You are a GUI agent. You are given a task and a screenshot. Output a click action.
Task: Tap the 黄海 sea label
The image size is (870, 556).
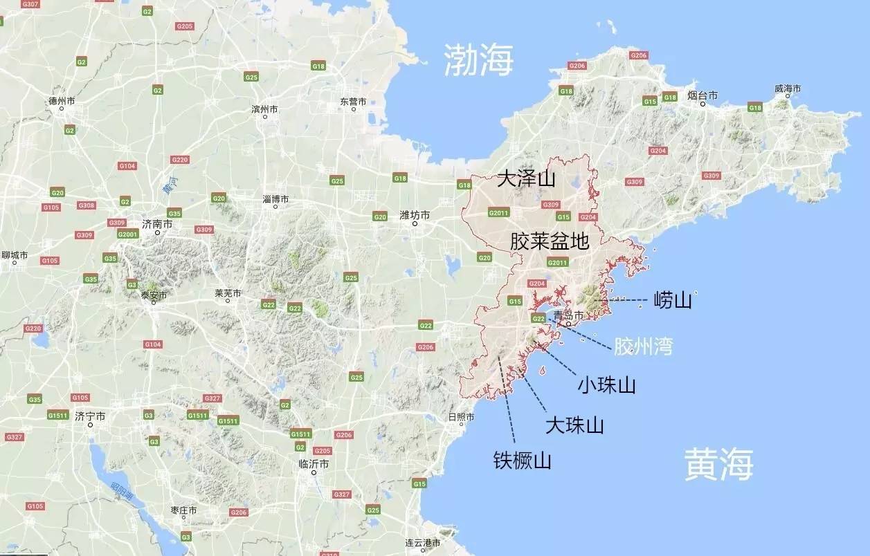718,463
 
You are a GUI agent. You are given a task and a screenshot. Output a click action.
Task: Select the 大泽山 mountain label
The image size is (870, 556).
526,180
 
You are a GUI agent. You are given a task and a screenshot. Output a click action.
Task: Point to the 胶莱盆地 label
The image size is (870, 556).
550,241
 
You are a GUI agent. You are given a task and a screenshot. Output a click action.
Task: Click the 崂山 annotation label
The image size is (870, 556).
673,300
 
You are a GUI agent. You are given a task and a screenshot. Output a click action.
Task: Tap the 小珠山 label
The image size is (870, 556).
607,385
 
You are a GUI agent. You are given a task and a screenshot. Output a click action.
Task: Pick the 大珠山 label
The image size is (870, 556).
574,425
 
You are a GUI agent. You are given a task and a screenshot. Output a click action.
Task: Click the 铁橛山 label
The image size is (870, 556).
522,461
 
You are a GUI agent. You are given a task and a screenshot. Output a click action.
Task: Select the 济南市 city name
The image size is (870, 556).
157,224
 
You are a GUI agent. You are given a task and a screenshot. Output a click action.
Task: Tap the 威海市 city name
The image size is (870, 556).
787,89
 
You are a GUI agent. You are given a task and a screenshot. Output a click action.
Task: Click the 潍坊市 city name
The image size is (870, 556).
415,215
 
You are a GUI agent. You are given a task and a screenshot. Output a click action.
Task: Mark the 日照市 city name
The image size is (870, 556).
461,417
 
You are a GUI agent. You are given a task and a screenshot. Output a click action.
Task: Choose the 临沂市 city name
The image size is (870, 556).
313,463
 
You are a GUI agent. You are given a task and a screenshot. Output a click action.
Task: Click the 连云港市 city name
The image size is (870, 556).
423,543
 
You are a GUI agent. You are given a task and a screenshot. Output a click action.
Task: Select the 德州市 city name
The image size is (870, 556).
62,100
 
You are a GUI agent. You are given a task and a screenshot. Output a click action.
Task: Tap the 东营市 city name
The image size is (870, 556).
353,101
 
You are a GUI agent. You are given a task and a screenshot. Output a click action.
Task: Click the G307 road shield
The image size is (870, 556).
30,4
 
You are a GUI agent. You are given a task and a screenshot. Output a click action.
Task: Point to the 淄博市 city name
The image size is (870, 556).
275,199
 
